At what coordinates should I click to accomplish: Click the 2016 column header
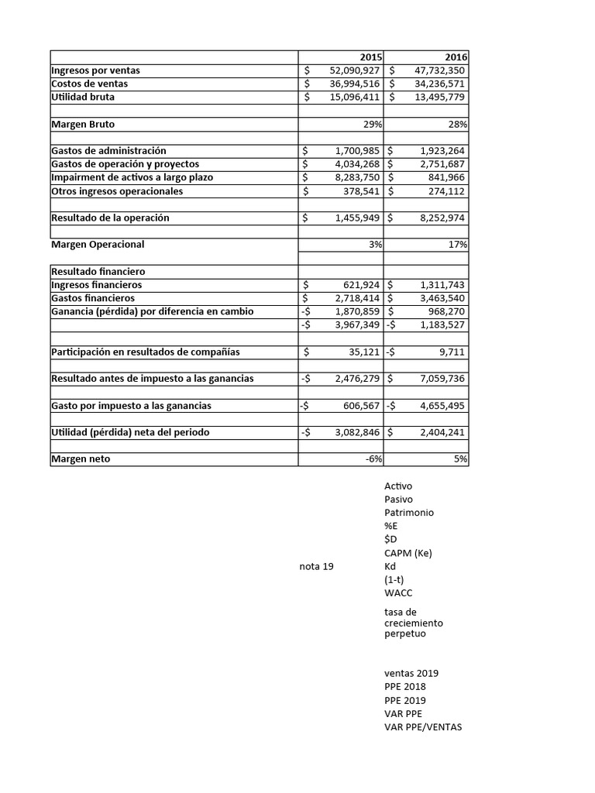[x=456, y=57]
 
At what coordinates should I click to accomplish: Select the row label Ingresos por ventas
[x=95, y=70]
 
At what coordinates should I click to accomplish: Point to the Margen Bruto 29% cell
[x=375, y=124]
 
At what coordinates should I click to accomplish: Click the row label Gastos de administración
[x=108, y=151]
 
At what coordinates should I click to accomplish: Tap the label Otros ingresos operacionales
[x=117, y=191]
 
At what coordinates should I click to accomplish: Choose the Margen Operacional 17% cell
[x=459, y=245]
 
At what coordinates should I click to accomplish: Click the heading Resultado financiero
[x=98, y=272]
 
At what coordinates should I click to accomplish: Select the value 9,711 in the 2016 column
[x=452, y=352]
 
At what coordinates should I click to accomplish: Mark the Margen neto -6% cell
[x=374, y=459]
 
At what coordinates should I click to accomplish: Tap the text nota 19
[x=316, y=567]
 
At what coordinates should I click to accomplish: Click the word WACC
[x=398, y=593]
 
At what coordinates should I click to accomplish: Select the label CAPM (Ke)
[x=408, y=553]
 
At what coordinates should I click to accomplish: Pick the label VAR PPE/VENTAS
[x=422, y=727]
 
